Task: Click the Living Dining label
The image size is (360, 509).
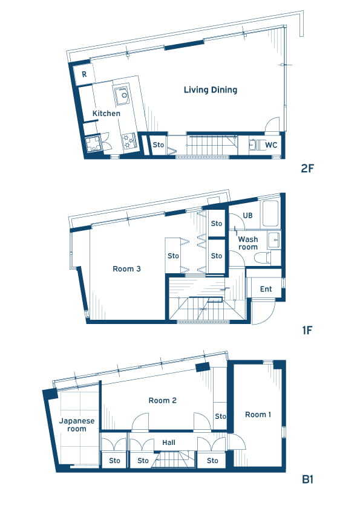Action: (211, 90)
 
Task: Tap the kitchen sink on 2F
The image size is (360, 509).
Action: (122, 94)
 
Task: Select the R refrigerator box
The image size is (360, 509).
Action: (83, 74)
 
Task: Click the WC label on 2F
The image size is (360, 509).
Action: (271, 144)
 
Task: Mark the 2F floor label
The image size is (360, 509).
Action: (307, 169)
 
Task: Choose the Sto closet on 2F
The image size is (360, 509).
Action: (159, 144)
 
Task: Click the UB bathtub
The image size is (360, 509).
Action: (270, 213)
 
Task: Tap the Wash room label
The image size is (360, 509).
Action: (248, 243)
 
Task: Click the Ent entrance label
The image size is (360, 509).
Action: (266, 289)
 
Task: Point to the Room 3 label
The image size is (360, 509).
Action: (126, 269)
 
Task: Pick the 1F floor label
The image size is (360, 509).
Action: (307, 330)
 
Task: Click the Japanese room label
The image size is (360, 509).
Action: (77, 425)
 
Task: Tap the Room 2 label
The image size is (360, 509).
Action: (163, 400)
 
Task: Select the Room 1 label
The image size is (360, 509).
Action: (258, 415)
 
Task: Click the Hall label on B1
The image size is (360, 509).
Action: (169, 443)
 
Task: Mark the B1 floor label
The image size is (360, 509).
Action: (307, 479)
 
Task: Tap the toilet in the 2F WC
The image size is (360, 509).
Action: (254, 144)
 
